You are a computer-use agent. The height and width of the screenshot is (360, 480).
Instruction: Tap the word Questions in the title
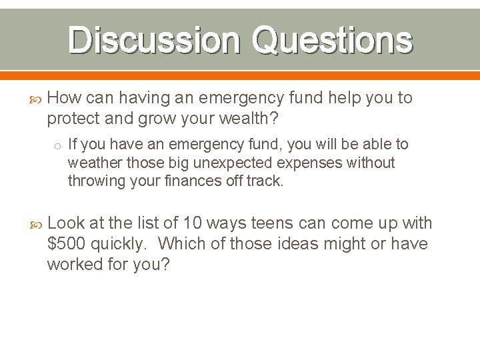coord(331,40)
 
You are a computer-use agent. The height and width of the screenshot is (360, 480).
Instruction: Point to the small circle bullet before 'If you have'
coord(58,145)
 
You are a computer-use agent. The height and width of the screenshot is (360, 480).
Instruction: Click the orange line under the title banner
coord(240,75)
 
